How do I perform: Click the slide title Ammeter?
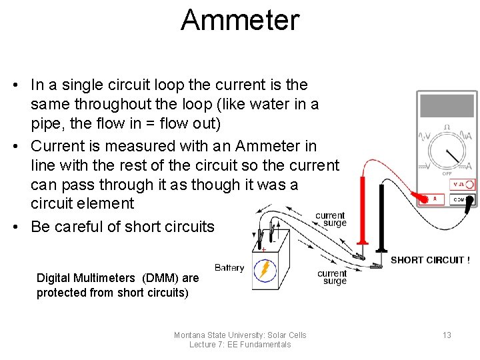coord(240,20)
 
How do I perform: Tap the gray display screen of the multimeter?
coord(446,106)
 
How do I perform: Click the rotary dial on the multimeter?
coord(447,151)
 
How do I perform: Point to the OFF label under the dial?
coord(447,173)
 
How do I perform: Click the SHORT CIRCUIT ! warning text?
coord(430,260)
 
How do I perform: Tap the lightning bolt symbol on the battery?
coord(265,270)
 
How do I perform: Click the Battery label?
coord(229,267)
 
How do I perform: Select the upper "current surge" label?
coord(330,219)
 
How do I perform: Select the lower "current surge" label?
coord(331,277)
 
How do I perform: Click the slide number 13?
coord(447,335)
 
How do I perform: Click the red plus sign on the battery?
coord(263,249)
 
